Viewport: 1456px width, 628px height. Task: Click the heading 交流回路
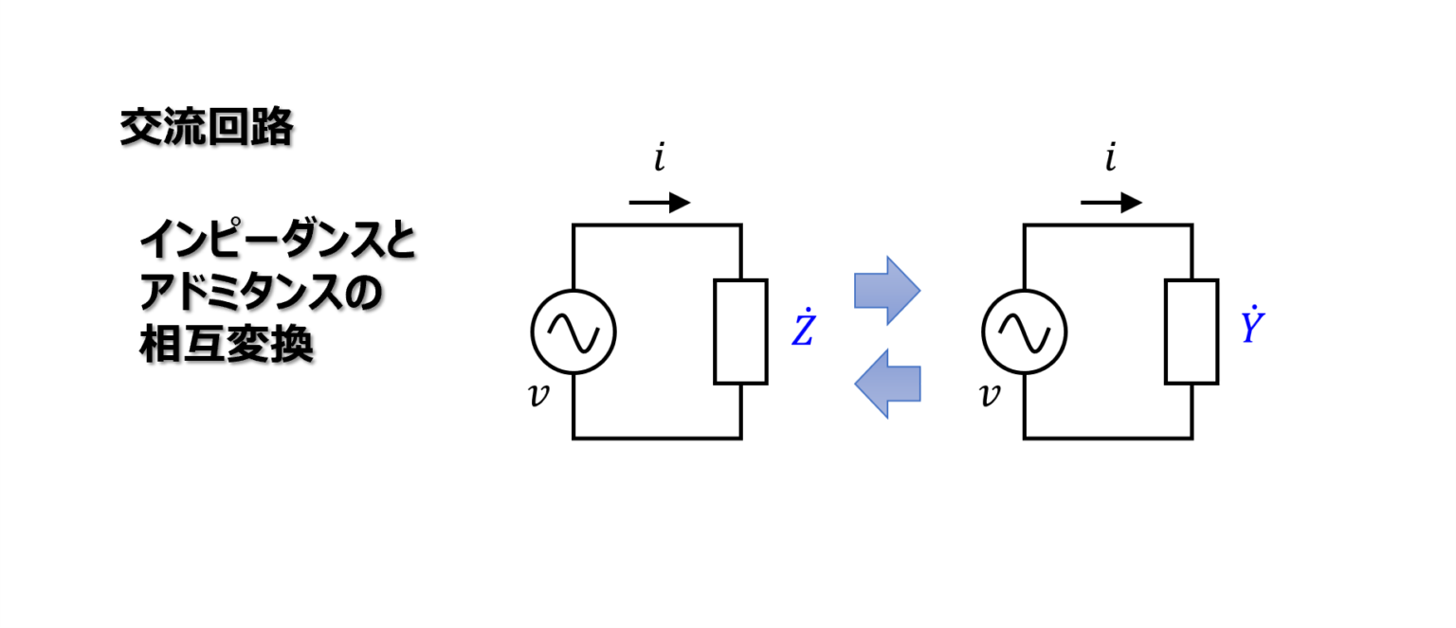coord(206,128)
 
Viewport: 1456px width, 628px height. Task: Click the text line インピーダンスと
coord(277,243)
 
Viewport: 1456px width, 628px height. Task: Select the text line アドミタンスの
coord(260,295)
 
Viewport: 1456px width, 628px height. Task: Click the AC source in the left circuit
coord(573,332)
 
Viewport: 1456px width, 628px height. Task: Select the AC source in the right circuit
coord(1025,332)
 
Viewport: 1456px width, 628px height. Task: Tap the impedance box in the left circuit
coord(740,332)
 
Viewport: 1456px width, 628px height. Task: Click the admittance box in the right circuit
coord(1192,332)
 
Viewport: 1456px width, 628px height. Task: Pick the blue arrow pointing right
coord(887,290)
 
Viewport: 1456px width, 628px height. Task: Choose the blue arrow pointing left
coord(887,383)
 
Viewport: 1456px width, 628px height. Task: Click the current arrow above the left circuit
coord(660,202)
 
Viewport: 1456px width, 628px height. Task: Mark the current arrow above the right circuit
coord(1111,202)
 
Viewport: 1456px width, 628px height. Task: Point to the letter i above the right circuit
coord(1110,159)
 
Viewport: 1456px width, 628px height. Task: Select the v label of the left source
coord(538,395)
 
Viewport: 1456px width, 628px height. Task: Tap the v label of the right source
coord(990,395)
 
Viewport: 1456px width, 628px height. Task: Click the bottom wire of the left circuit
coord(657,438)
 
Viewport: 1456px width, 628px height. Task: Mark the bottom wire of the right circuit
coord(1108,438)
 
